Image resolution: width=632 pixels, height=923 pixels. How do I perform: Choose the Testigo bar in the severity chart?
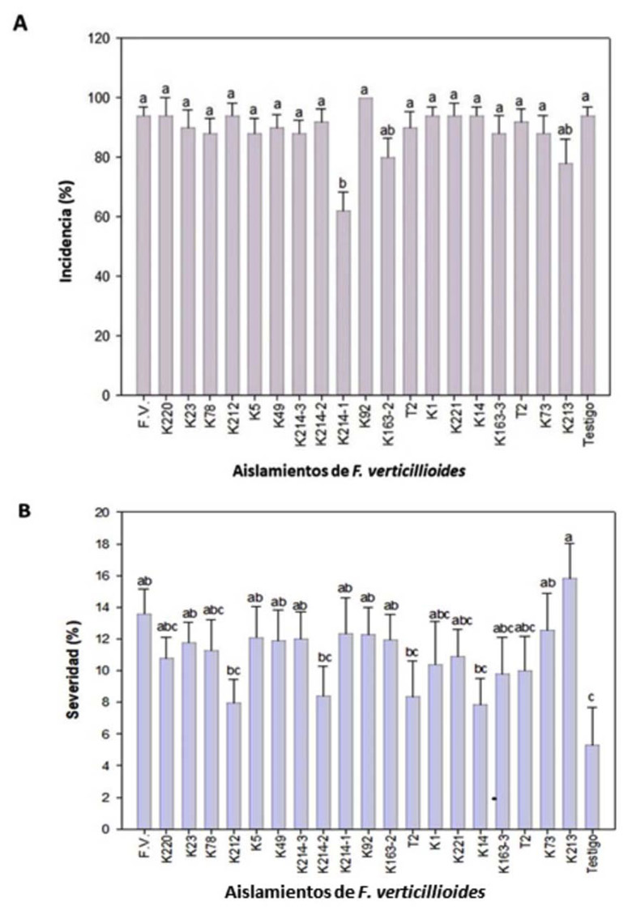coord(591,786)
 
